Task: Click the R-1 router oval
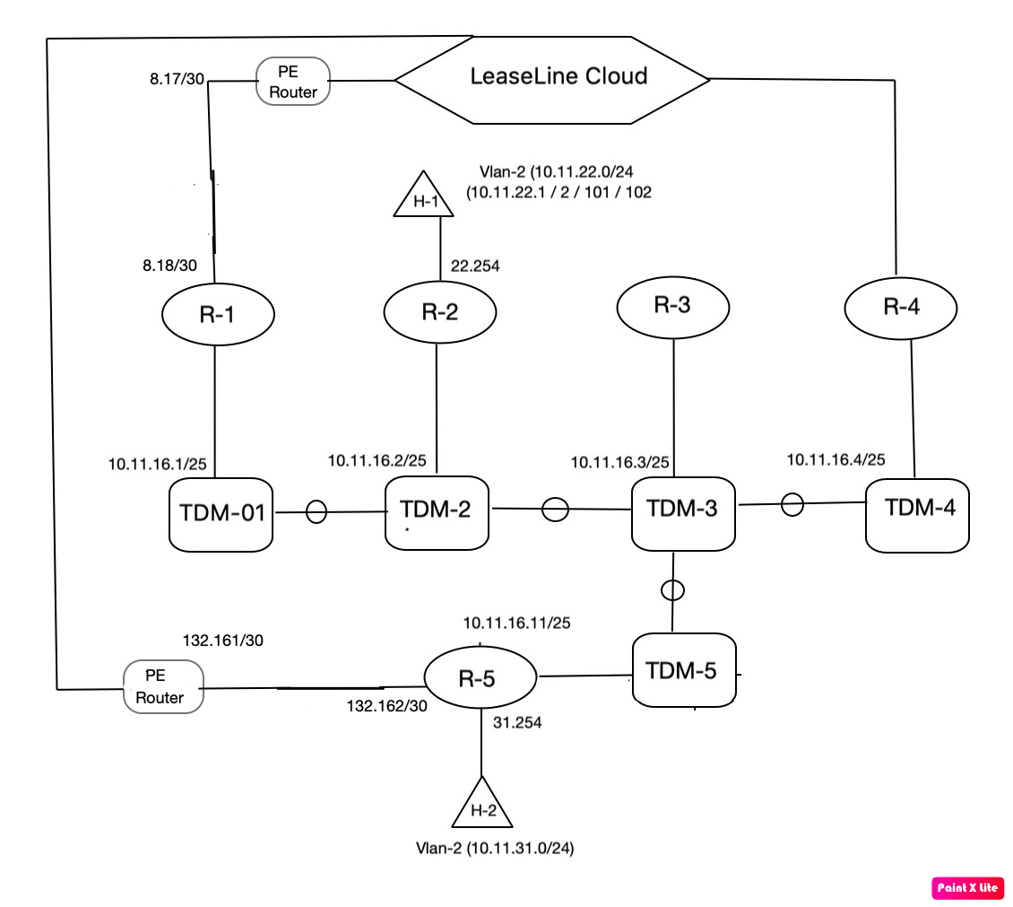[218, 315]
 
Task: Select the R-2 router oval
[439, 312]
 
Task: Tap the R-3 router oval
[672, 307]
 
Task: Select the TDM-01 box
[221, 514]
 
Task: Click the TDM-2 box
[437, 511]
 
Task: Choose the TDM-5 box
[684, 670]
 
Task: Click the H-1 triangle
[424, 196]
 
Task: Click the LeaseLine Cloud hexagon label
[558, 76]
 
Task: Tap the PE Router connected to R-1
[293, 82]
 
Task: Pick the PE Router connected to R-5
[162, 687]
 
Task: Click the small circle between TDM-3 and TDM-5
[672, 590]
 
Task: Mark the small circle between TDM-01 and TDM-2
[316, 512]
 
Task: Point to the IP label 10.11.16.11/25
[518, 623]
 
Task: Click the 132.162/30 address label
[387, 706]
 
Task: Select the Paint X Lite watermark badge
[967, 887]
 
